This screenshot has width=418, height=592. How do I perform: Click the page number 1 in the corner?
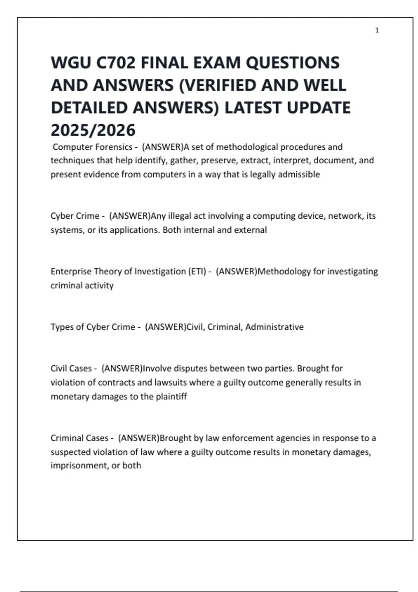pos(377,30)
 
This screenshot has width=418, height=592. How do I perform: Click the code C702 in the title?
pos(116,63)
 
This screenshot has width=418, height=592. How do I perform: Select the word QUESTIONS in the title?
pos(293,63)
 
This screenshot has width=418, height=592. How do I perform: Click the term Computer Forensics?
pos(92,147)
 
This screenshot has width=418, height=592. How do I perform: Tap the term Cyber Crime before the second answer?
pos(75,216)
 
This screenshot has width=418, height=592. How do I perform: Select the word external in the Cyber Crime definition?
pos(251,230)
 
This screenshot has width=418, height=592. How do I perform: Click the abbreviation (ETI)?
pos(197,271)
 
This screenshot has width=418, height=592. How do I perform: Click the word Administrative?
pos(274,327)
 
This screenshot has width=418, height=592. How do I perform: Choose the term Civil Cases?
pos(71,368)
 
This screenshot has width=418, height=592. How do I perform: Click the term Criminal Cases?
pos(79,438)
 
